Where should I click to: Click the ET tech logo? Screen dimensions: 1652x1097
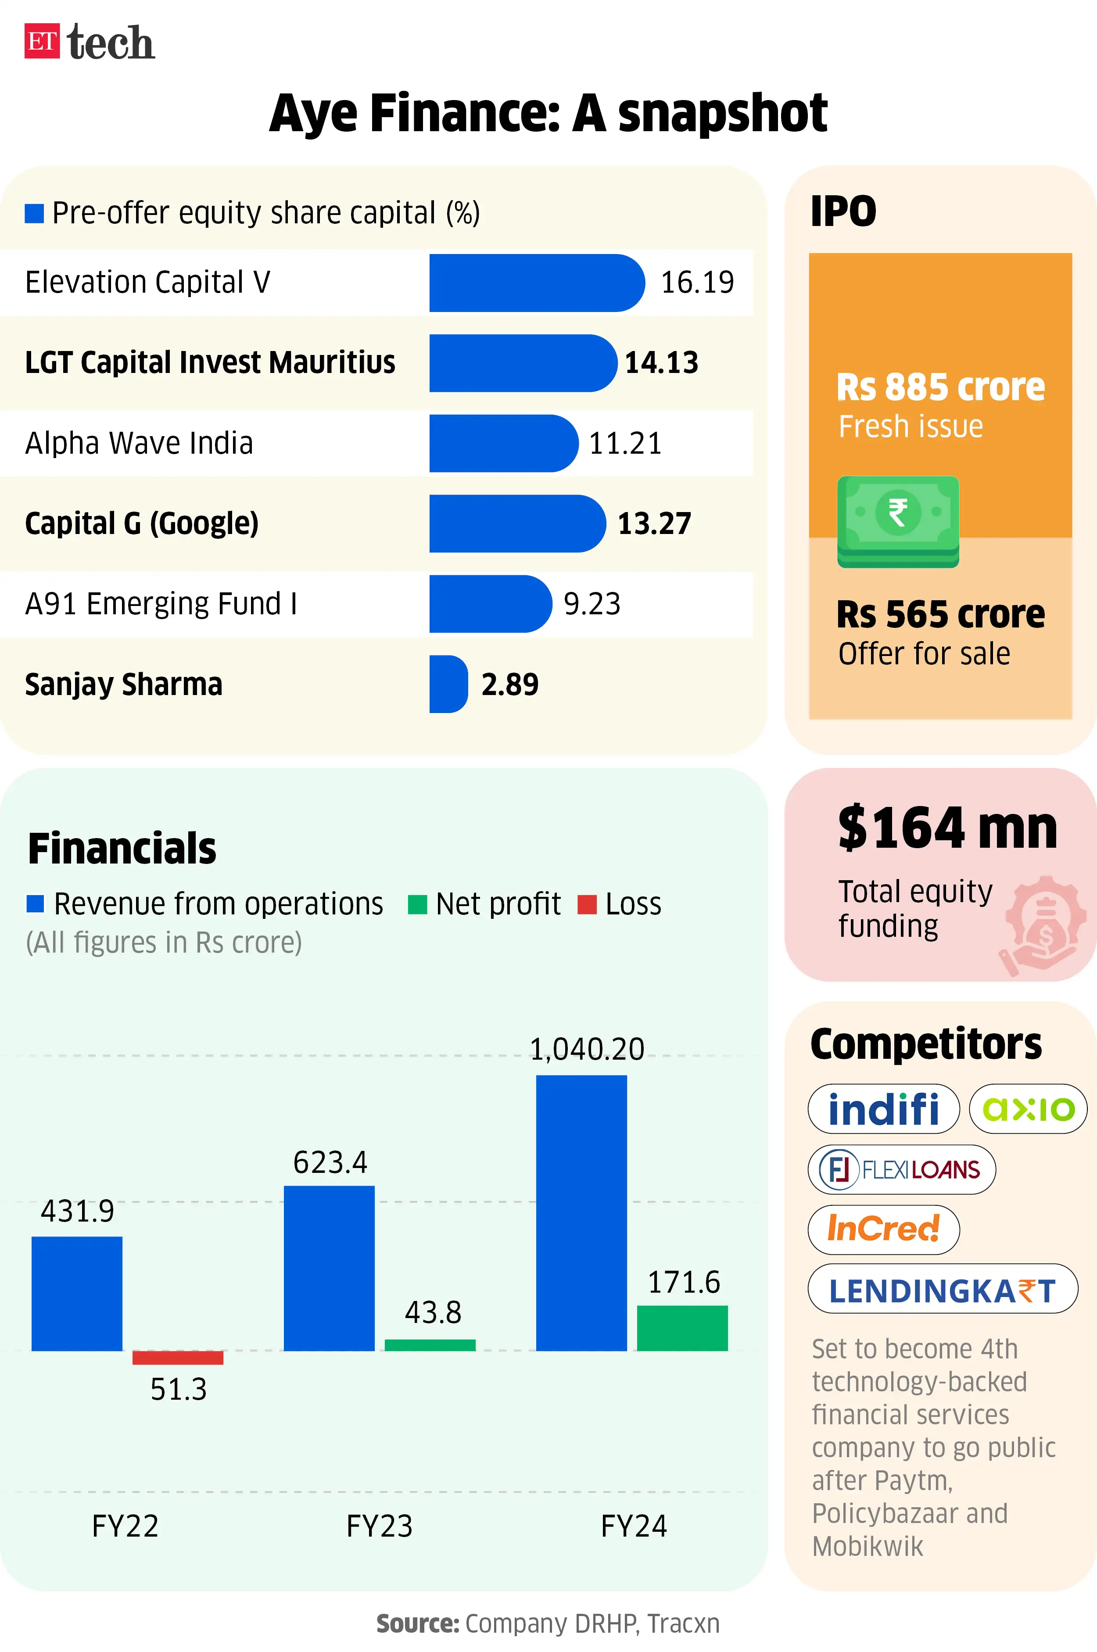tap(90, 42)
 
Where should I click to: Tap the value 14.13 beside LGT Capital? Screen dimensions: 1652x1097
tap(661, 363)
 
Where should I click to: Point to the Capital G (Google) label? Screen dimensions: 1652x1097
tap(141, 523)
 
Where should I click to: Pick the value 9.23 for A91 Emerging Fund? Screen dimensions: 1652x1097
tap(592, 604)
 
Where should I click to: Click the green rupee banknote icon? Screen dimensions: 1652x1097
tap(898, 521)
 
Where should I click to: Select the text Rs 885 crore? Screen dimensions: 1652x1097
tap(940, 387)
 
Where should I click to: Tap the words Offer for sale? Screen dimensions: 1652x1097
tap(924, 654)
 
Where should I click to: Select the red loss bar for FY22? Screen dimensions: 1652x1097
tap(178, 1358)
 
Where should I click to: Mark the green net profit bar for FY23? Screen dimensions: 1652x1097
tap(430, 1345)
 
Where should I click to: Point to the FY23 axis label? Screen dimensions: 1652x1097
tap(379, 1525)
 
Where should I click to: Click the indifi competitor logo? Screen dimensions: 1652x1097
tap(883, 1108)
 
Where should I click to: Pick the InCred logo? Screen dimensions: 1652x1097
tap(883, 1229)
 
